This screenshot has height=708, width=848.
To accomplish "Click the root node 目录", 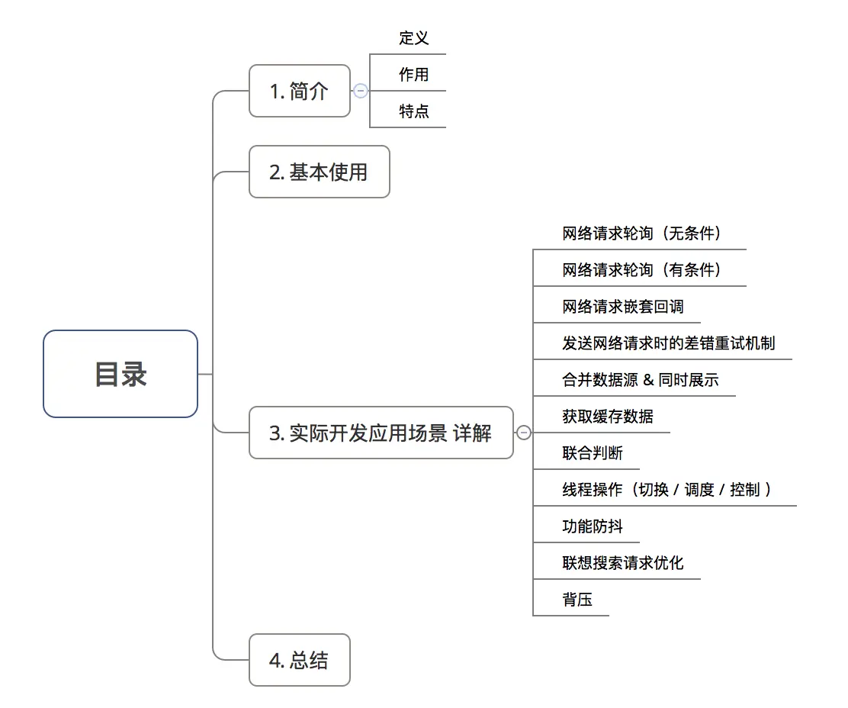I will pos(120,374).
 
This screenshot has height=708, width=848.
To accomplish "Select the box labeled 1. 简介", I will pos(299,91).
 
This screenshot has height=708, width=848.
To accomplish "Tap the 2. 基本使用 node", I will pos(319,172).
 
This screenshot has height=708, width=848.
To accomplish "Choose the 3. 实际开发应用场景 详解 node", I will pos(381,433).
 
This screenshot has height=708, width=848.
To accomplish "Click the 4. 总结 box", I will pos(299,660).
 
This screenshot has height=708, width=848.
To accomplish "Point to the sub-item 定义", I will pos(413,38).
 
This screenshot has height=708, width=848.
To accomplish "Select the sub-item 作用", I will pos(413,75).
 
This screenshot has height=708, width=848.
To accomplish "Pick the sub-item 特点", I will pos(413,111).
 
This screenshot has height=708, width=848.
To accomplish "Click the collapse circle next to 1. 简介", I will pos(361,91).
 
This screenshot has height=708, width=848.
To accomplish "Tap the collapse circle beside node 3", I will pos(524,433).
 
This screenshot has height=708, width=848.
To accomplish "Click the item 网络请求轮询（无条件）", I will pos(641,233).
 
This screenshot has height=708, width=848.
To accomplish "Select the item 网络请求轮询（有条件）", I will pos(641,270).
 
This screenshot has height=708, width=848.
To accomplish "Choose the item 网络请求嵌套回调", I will pos(622,307).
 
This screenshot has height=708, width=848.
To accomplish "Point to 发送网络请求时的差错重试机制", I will pos(668,343).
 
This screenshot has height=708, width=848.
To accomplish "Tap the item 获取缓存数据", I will pos(607,417).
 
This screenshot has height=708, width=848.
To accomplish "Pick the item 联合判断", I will pos(592,453).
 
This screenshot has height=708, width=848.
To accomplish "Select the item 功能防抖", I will pos(592,526).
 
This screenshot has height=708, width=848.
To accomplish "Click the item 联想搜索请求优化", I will pos(622,563).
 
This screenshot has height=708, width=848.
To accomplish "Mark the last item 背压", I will pos(577,600).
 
